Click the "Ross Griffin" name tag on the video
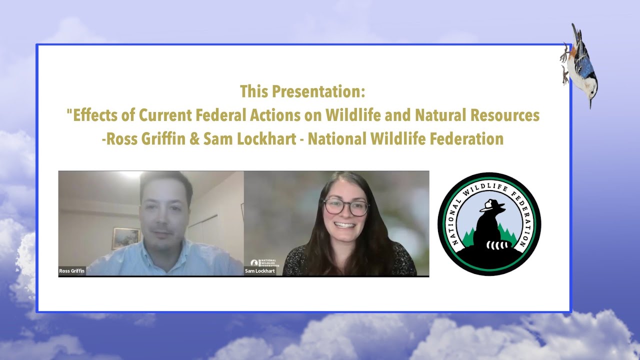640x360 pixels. click(x=72, y=271)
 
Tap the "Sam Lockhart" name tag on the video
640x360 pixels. click(x=260, y=271)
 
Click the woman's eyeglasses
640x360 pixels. click(x=345, y=207)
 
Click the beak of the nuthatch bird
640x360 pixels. click(x=590, y=103)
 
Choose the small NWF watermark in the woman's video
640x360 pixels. click(x=264, y=262)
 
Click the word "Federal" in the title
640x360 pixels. click(x=220, y=115)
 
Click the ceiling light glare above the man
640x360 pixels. click(x=128, y=174)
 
